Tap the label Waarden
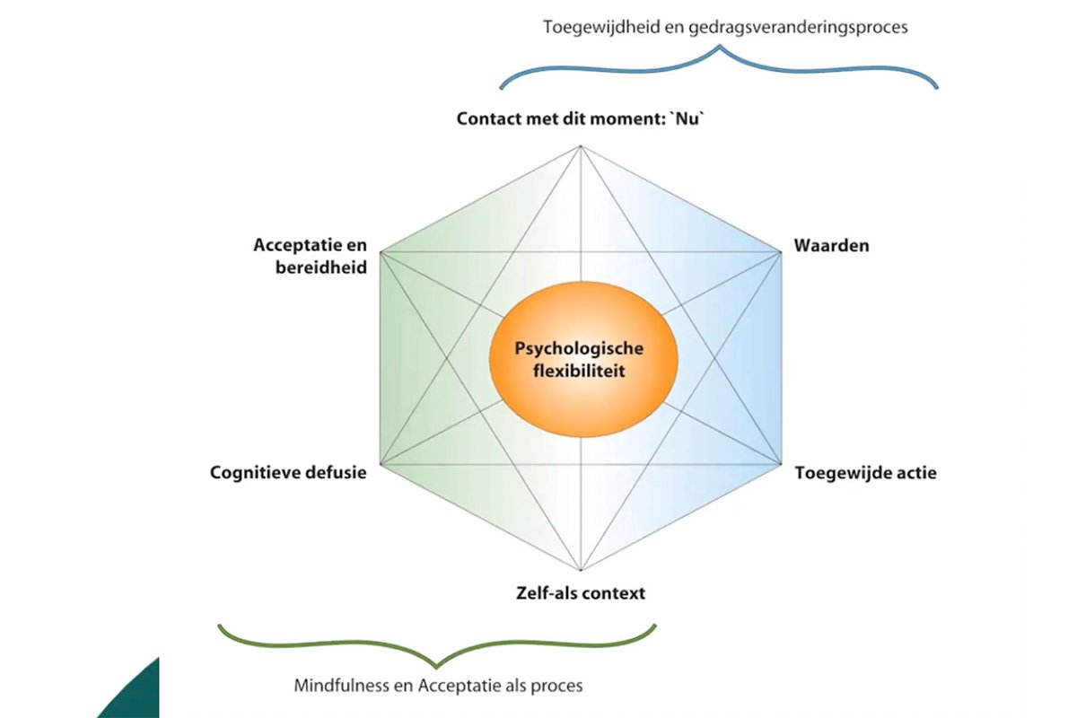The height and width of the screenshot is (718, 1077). click(831, 245)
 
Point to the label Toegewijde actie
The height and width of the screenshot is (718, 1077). click(865, 472)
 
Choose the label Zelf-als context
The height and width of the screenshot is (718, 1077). click(581, 593)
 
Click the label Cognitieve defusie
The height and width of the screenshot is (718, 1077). click(288, 472)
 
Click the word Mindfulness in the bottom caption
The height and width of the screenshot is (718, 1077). click(337, 686)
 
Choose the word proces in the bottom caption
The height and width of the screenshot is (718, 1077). click(557, 686)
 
